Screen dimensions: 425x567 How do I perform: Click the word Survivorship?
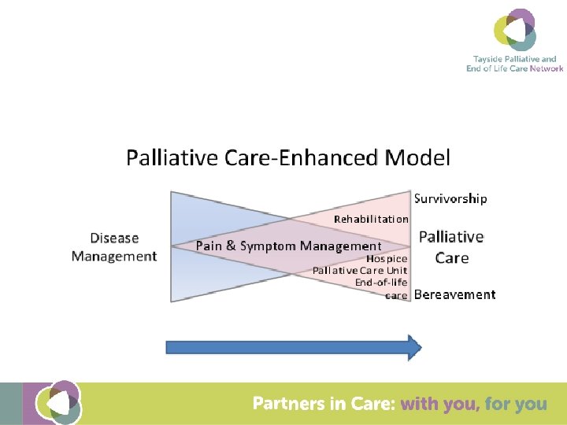450,198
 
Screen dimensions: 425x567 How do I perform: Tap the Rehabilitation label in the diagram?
371,219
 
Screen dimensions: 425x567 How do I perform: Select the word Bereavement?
454,294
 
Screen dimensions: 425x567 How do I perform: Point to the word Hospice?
387,258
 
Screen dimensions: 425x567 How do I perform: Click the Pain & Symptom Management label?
288,246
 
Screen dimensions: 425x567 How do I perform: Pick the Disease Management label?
114,247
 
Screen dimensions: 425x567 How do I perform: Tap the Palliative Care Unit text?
360,271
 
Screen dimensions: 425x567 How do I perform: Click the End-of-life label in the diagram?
381,283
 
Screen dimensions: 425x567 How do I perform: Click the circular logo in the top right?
515,30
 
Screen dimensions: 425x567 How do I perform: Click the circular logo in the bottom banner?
62,403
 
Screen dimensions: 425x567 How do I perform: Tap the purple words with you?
439,404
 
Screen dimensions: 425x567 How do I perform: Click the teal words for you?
516,404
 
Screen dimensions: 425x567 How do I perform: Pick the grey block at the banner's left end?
10,404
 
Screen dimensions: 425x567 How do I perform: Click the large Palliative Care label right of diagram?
451,247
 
